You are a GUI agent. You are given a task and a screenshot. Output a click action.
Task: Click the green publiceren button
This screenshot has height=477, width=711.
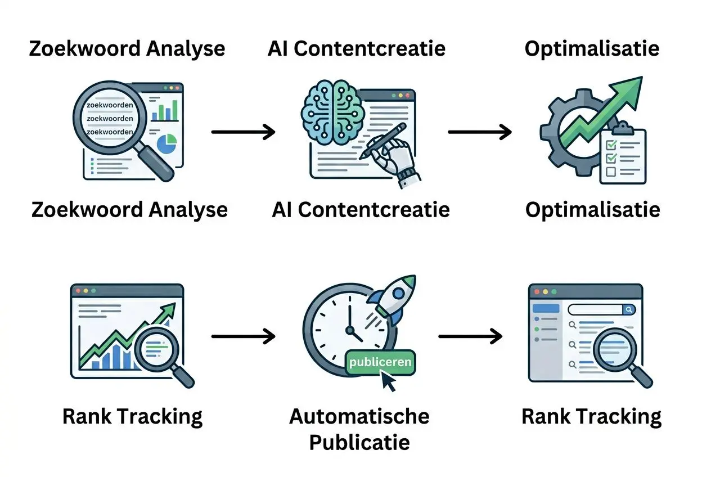[x=380, y=362]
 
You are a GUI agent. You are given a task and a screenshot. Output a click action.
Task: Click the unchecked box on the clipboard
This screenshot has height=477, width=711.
[x=611, y=172]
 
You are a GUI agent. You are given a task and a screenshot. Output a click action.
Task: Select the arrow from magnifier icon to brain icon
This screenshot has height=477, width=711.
[x=243, y=133]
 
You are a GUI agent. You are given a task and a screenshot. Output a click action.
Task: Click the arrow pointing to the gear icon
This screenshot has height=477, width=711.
[x=480, y=133]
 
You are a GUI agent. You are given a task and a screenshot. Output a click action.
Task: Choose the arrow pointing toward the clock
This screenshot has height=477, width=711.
[x=243, y=337]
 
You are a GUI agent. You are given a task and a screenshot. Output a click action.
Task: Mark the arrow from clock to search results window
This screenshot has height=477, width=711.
[x=470, y=337]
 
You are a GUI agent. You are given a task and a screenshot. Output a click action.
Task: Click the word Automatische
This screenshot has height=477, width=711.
[x=359, y=416]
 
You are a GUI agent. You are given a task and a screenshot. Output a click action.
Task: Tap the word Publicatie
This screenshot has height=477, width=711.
[x=359, y=442]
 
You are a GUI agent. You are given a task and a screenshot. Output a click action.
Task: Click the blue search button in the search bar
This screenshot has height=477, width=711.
[x=629, y=309]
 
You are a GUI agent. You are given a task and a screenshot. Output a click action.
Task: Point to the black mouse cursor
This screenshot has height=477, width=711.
[x=389, y=382]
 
